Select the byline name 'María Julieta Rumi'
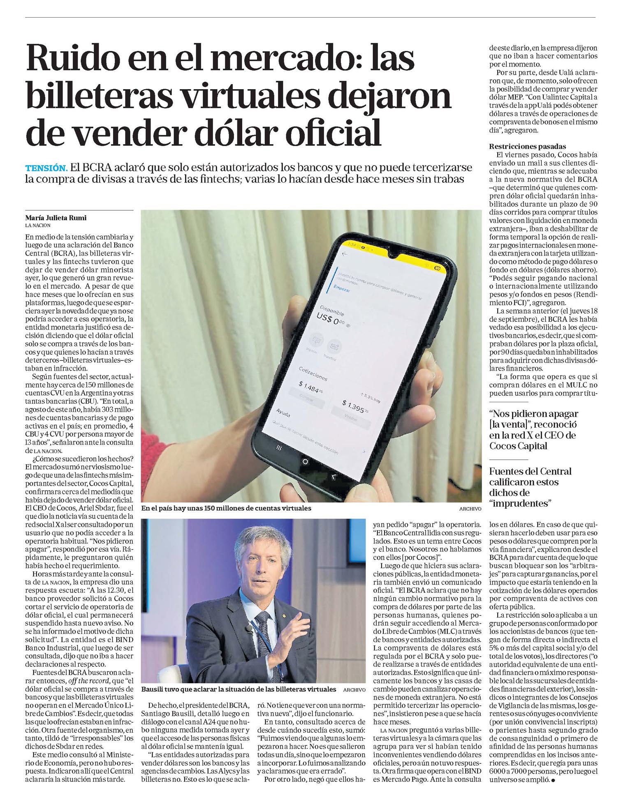[56, 218]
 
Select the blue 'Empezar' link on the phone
[341, 289]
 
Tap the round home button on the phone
[305, 461]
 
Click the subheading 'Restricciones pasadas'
[527, 147]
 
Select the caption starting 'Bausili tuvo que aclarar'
[239, 689]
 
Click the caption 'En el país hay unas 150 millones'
[226, 508]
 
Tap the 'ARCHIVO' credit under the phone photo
[470, 509]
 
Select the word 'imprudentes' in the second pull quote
[520, 504]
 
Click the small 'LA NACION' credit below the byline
[38, 226]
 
